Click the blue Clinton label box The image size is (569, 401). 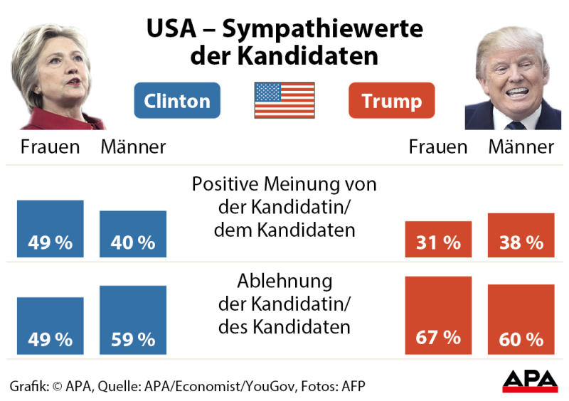point(177,100)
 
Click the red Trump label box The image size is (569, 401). point(391,100)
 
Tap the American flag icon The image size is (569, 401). point(284,100)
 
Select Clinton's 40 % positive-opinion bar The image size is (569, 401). point(133,234)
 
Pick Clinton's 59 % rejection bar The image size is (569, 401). point(133,320)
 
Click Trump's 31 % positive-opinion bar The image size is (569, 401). point(438,240)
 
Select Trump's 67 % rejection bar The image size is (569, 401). point(438,315)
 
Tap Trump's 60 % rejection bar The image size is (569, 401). point(521,319)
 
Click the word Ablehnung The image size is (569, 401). point(284,279)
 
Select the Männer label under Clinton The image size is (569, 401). point(133,147)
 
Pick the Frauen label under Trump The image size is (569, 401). point(438,147)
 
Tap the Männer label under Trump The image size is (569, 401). point(521,147)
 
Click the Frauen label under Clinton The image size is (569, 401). point(50,147)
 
